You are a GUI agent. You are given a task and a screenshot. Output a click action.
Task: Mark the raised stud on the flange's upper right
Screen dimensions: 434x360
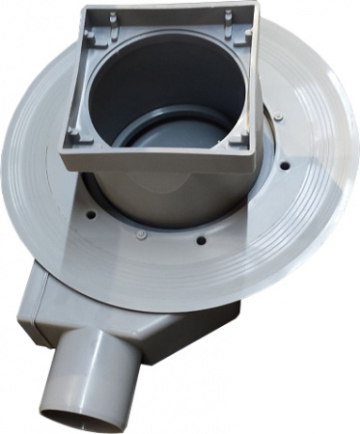pyautogui.click(x=279, y=119)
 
